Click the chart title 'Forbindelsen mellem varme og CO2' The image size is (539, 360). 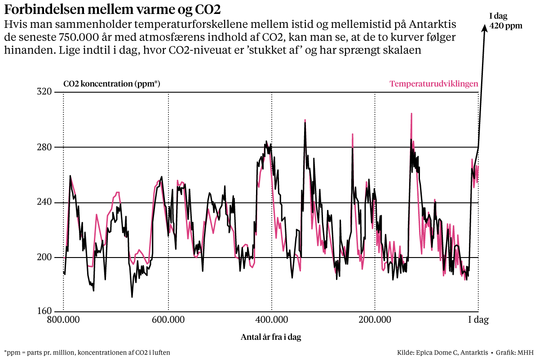pos(113,9)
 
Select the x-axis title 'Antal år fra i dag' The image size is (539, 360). pos(271,337)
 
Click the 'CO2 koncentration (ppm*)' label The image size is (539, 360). pos(112,84)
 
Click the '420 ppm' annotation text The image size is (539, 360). pos(506,26)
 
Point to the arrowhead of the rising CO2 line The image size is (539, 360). pos(485,27)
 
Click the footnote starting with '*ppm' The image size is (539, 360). pos(87,353)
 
